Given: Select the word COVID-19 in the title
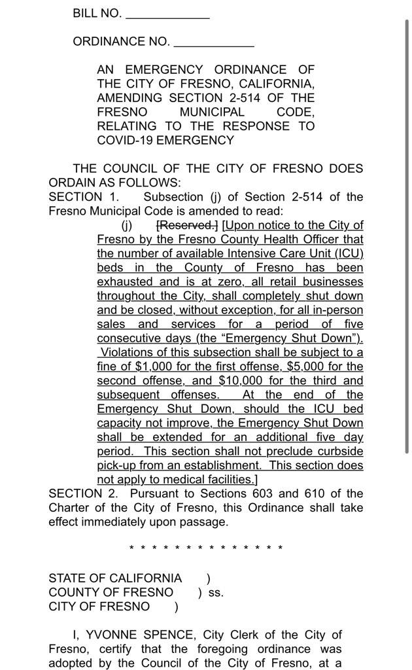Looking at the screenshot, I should [128, 140].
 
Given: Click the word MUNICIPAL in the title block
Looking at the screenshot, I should [212, 112].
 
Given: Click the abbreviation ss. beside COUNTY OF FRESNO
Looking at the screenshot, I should [216, 593].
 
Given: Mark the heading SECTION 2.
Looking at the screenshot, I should [84, 493].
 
